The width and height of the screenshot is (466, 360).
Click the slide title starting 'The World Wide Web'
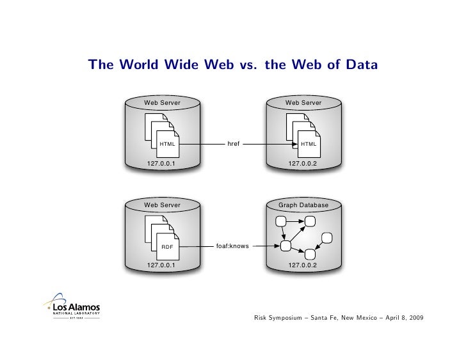coord(233,65)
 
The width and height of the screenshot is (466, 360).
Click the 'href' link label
coord(233,144)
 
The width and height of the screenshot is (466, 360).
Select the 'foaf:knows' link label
coord(233,246)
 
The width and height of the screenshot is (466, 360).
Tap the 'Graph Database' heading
coord(303,205)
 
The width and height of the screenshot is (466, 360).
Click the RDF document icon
coord(167,246)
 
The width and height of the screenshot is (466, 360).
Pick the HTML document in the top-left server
coord(167,144)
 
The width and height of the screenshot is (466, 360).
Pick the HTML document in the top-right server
coord(308,144)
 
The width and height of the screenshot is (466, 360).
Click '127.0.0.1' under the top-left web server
coord(162,164)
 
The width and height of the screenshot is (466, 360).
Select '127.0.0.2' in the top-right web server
coord(303,164)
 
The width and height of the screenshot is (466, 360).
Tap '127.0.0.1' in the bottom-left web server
coord(162,264)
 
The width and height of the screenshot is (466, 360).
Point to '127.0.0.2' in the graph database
coord(303,264)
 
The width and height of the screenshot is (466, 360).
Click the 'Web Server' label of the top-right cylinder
coord(303,102)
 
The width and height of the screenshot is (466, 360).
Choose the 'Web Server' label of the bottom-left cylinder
coord(162,205)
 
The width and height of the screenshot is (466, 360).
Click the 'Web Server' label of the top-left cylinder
coord(162,102)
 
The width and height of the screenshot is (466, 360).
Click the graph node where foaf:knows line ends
coord(285,245)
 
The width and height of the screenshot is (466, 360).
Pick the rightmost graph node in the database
coord(326,238)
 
